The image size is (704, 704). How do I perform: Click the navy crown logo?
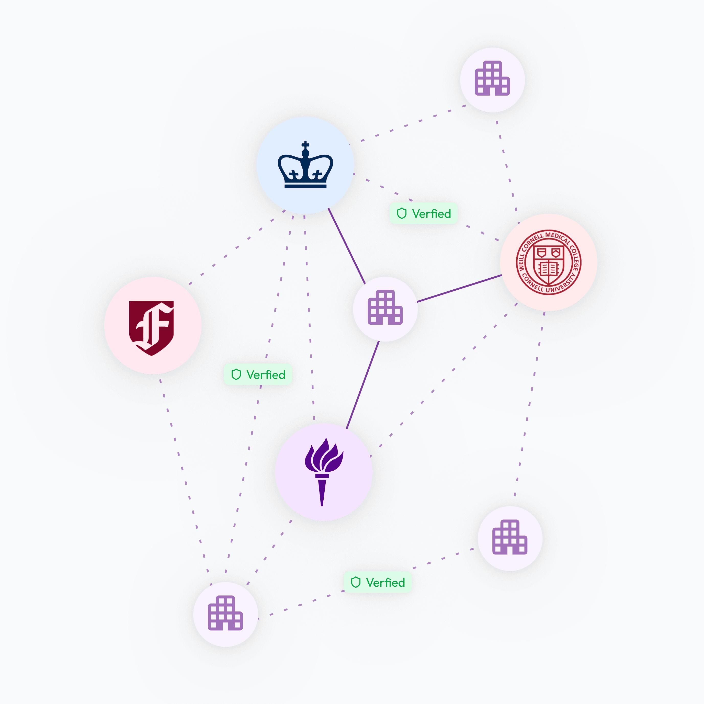(x=305, y=166)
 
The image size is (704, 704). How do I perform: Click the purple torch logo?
(x=324, y=472)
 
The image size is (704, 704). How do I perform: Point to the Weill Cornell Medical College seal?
(x=548, y=262)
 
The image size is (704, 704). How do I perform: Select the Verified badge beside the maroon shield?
(x=258, y=374)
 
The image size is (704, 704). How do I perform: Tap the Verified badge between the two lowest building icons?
(x=378, y=582)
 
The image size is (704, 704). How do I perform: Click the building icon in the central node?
(x=385, y=307)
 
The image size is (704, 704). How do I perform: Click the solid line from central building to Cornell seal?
(x=459, y=288)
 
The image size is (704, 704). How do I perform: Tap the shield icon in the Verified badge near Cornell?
(x=402, y=213)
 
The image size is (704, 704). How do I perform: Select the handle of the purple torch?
(x=322, y=492)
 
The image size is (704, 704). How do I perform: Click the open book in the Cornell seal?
(x=548, y=269)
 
